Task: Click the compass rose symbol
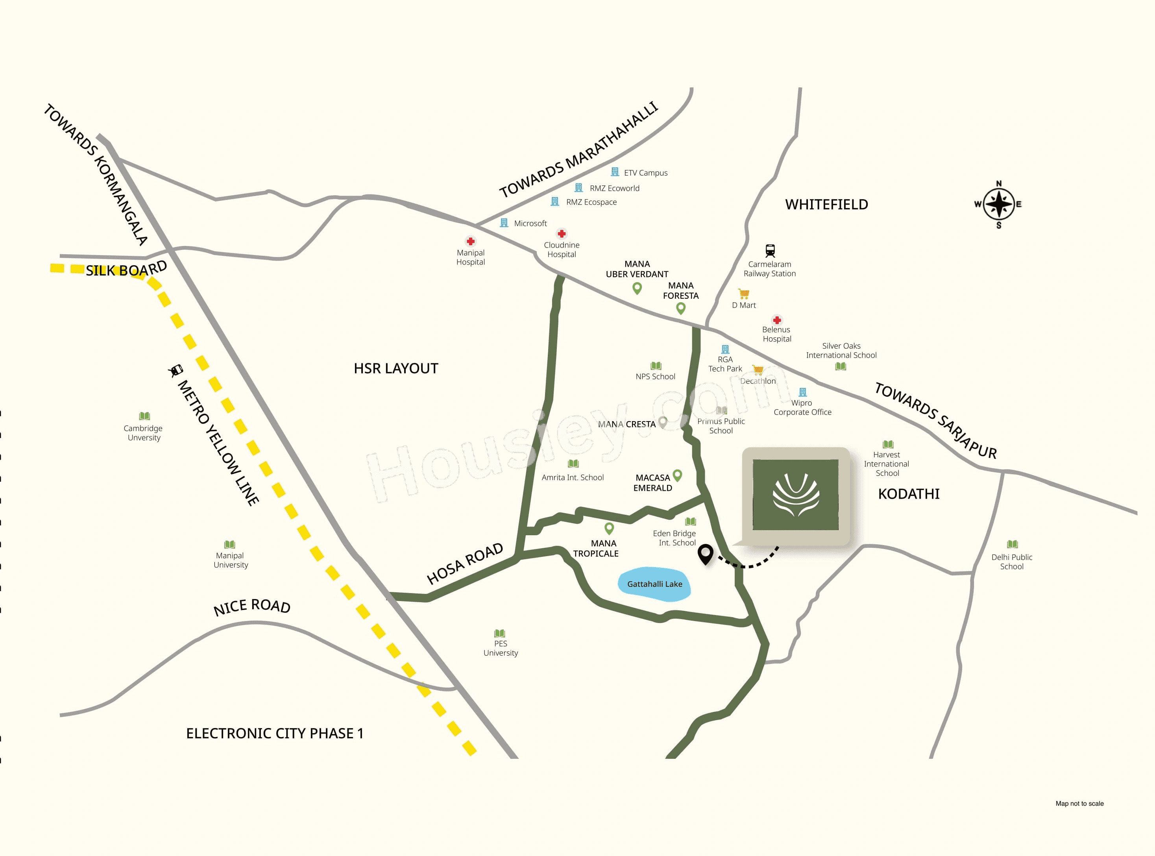coord(998,204)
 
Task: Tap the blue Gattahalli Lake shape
coord(654,584)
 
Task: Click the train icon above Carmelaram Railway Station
coord(770,251)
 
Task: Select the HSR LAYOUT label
coord(396,368)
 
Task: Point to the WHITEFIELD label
coord(826,205)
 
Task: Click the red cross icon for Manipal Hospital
coord(471,242)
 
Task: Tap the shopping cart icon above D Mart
coord(744,294)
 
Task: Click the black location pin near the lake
coord(705,553)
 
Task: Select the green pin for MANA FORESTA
coord(681,308)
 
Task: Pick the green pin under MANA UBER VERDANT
coord(638,288)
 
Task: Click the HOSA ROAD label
coord(464,563)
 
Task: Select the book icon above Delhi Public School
coord(1012,544)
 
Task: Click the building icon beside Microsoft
coord(504,223)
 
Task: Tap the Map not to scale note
coord(1079,804)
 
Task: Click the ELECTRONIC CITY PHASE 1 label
coord(275,734)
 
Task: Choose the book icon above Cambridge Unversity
coord(144,416)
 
